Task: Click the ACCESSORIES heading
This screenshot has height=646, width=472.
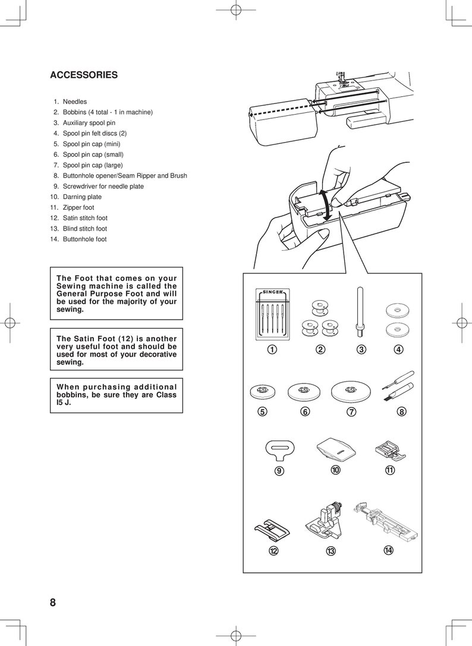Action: click(84, 75)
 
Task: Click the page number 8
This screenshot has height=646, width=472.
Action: click(53, 603)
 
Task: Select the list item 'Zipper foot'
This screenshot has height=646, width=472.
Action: click(78, 207)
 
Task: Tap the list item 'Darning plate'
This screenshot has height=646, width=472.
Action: click(82, 197)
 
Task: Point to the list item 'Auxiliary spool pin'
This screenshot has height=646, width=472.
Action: click(89, 123)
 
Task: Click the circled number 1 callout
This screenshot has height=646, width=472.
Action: click(271, 349)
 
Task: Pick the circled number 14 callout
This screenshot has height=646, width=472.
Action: click(388, 550)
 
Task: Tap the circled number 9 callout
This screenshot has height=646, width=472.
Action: click(278, 471)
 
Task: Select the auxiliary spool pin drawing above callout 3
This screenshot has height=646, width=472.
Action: click(360, 309)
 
